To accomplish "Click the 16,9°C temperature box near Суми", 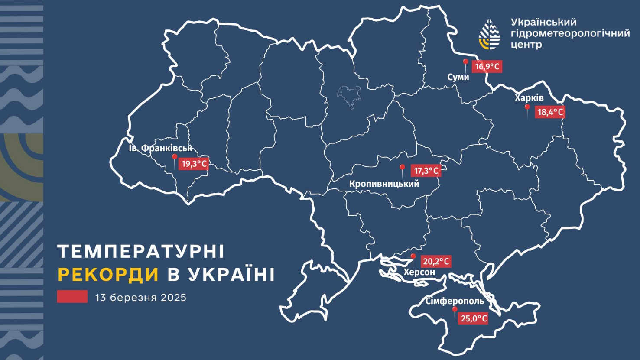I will pos(487,67).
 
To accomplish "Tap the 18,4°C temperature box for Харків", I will pos(550,112).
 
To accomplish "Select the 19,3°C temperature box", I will pos(194,164).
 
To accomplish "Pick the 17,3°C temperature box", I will pos(426,171).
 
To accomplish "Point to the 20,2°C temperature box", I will pos(435,261).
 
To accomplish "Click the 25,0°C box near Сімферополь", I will pos(474,318).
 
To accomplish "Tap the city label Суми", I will pos(458,77).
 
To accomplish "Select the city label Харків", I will pos(529,98).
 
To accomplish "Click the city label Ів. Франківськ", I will pos(160,148).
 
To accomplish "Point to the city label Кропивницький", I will pos(384,184).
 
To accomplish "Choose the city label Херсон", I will pos(419,272).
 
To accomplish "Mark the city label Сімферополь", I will pos(455,301).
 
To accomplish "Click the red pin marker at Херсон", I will pos(413,258).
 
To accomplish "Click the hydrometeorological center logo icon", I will pos(489,34).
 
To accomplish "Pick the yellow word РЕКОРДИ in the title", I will pos(108,275).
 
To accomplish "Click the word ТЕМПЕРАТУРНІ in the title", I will pos(141,251).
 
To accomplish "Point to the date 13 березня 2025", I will pos(141,298).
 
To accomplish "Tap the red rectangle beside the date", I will pos(72,297).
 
